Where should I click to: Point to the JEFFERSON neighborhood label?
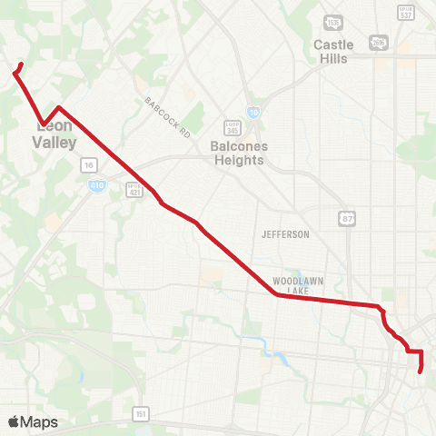tap(285, 234)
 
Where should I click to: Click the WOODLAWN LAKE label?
tap(298, 285)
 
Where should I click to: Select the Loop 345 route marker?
tap(232, 129)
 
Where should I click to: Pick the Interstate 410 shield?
tap(95, 184)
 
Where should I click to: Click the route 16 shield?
tap(88, 164)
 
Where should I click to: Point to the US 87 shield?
tap(347, 218)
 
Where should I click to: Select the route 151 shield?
tap(140, 413)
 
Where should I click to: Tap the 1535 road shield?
tap(334, 23)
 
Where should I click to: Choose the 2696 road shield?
tap(377, 43)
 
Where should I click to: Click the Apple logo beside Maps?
tap(13, 422)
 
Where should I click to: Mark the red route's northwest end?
tap(20, 64)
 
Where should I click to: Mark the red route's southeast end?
tap(420, 371)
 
